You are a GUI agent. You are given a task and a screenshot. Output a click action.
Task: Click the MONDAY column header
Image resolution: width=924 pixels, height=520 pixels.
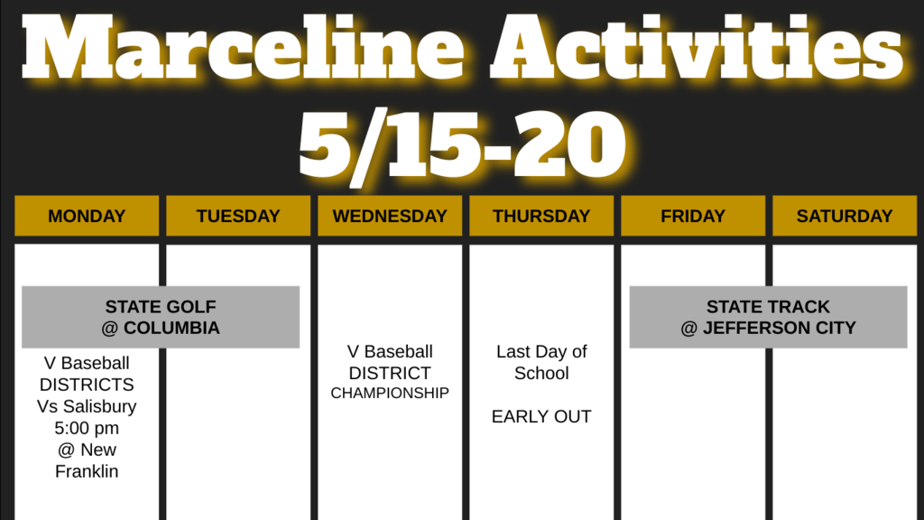pos(87,216)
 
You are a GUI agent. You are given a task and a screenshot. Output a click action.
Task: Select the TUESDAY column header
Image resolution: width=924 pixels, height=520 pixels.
pos(238,216)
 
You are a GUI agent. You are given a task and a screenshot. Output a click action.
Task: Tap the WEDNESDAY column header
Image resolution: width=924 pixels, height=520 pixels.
pos(390,216)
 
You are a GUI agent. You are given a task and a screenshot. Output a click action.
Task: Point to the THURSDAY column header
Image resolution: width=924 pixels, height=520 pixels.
pos(541,216)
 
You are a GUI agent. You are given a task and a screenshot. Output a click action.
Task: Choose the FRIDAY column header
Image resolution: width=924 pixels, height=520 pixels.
pos(693,216)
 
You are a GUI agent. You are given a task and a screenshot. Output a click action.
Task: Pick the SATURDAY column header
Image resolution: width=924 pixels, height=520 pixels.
pos(845,216)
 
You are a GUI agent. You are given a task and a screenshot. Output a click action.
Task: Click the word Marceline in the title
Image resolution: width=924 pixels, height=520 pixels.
pos(243,47)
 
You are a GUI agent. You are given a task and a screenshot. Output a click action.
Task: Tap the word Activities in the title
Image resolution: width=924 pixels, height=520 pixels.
pos(698,47)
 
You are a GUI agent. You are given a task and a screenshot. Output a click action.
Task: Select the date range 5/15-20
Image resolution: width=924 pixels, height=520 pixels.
pos(463,144)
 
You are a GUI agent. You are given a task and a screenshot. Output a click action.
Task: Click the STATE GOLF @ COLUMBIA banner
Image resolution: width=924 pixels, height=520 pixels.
pos(161,317)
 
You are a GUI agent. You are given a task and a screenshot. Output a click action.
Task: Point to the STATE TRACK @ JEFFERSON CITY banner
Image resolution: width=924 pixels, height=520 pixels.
pos(769,317)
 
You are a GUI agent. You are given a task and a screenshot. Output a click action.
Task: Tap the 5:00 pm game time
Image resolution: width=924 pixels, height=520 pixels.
pos(87,428)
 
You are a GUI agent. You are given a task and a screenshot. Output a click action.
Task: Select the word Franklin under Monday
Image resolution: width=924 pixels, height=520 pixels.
pos(87,471)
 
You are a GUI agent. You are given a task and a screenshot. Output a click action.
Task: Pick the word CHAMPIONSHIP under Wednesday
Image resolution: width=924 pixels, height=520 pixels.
pos(390,394)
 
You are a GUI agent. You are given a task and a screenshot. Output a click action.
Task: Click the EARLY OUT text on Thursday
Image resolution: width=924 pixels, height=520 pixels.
pos(541,417)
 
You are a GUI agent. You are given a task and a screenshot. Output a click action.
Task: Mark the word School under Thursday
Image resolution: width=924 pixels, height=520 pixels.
pos(541,373)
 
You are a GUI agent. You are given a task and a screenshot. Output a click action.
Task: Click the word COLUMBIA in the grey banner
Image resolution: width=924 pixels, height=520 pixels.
pos(171,328)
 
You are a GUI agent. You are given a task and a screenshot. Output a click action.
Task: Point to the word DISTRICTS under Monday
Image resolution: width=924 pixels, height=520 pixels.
pos(87,385)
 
